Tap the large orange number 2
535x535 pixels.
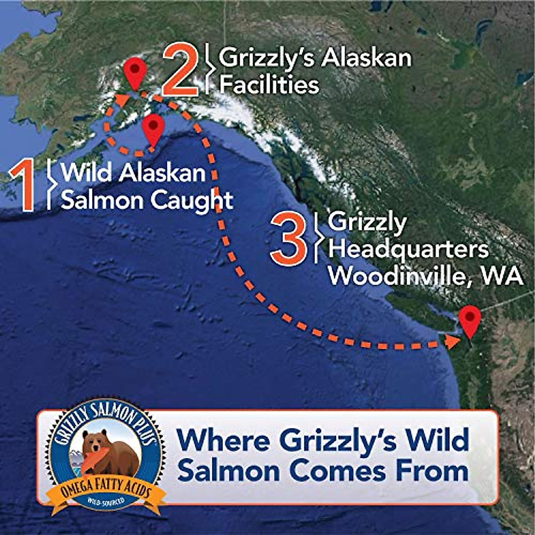(x=180, y=72)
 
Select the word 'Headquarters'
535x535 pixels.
(x=408, y=249)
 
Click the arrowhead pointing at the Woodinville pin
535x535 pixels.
(x=453, y=342)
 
